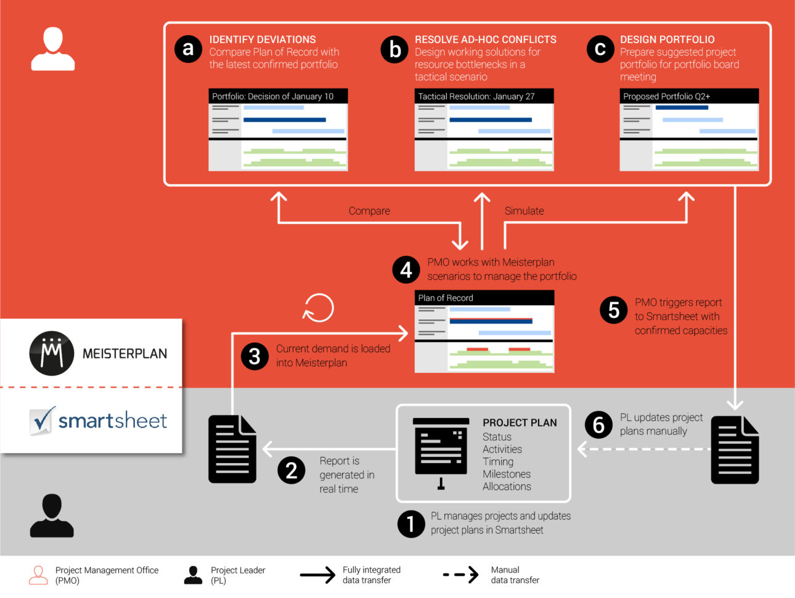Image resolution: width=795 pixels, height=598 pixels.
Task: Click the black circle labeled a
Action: [x=189, y=49]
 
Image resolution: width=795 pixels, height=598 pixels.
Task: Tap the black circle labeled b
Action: [x=394, y=49]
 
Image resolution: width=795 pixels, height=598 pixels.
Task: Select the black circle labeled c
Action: [x=600, y=49]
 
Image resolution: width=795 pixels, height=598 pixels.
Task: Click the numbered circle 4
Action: [x=406, y=269]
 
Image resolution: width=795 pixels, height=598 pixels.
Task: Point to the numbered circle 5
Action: [x=614, y=309]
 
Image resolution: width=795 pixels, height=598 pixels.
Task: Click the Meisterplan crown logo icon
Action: [x=52, y=353]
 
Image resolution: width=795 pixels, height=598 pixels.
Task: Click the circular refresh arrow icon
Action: [x=319, y=307]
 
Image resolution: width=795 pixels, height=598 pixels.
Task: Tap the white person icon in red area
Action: [x=53, y=49]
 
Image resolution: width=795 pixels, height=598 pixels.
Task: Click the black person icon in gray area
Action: [x=52, y=515]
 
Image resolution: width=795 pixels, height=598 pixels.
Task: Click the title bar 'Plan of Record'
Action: [x=484, y=298]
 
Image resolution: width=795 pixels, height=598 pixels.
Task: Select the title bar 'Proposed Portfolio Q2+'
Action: [x=689, y=96]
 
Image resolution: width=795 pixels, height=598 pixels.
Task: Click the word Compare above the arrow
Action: [x=369, y=211]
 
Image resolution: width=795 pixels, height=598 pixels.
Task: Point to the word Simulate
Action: [x=524, y=211]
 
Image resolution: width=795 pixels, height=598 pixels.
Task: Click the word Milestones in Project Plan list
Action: [x=507, y=474]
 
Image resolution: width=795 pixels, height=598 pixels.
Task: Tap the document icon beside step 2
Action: [x=232, y=449]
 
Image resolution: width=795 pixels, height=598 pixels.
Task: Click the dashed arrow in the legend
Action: [x=460, y=575]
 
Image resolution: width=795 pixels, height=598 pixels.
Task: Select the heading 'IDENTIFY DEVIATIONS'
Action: [x=263, y=39]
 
